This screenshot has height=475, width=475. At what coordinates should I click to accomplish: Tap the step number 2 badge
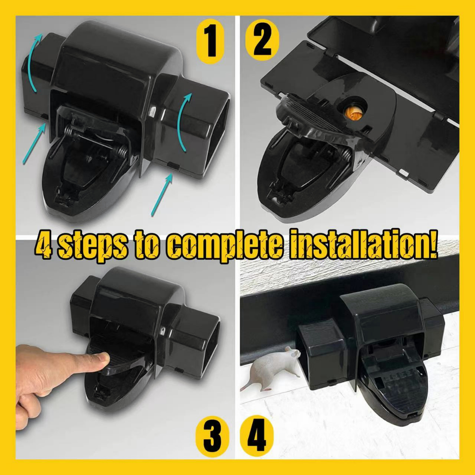[262, 40]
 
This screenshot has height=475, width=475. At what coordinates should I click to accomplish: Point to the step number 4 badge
[257, 436]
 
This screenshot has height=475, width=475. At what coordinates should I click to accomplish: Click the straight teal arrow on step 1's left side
[34, 144]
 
